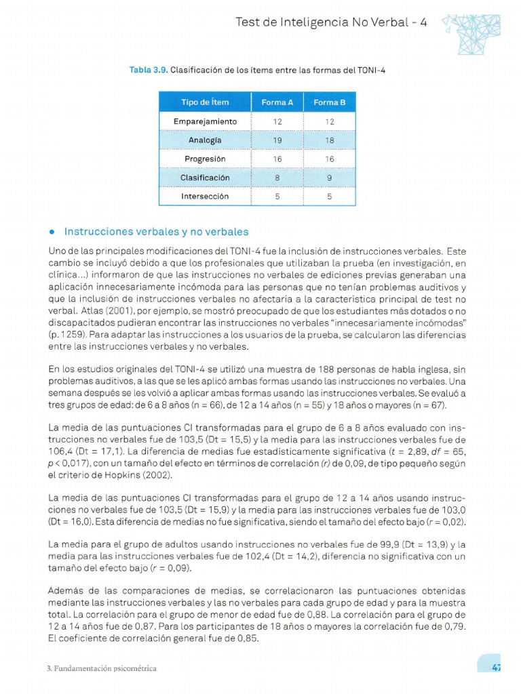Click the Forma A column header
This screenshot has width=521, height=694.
[x=277, y=102]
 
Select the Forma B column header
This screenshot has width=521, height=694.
[x=329, y=102]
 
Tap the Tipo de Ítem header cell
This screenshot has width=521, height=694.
[x=205, y=102]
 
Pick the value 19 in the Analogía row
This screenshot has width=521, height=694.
[x=277, y=140]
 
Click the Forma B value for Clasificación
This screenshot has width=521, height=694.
[x=329, y=178]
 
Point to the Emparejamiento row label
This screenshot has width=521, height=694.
[x=205, y=121]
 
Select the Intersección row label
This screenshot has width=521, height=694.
[x=205, y=197]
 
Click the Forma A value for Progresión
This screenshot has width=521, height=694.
[x=277, y=159]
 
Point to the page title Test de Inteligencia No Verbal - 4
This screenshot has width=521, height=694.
[x=331, y=22]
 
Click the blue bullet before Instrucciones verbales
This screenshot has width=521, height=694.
[x=52, y=232]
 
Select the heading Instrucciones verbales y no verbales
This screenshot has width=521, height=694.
[x=156, y=232]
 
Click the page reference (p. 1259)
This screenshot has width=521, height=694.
[x=67, y=335]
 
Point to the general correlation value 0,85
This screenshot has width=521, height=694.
[x=248, y=638]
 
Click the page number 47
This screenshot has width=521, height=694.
[x=496, y=668]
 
